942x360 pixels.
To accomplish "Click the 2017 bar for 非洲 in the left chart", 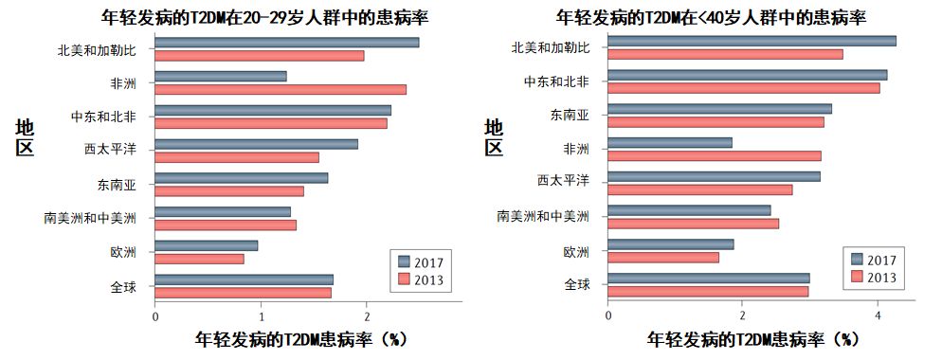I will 220,76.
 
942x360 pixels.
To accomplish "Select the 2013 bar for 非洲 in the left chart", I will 281,89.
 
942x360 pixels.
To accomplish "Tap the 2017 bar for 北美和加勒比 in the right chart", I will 752,41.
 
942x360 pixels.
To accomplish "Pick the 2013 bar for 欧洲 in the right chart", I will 663,257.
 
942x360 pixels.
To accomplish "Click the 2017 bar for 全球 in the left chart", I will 244,279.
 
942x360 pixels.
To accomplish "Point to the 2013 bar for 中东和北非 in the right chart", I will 743,88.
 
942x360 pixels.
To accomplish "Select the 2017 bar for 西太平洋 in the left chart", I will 256,144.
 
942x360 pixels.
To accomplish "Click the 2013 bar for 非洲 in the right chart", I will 715,155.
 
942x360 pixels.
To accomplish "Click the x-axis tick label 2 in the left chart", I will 367,315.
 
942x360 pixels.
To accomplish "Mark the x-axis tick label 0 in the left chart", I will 155,315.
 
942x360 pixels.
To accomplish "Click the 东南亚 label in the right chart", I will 570,116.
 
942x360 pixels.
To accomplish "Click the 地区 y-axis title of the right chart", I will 494,137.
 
